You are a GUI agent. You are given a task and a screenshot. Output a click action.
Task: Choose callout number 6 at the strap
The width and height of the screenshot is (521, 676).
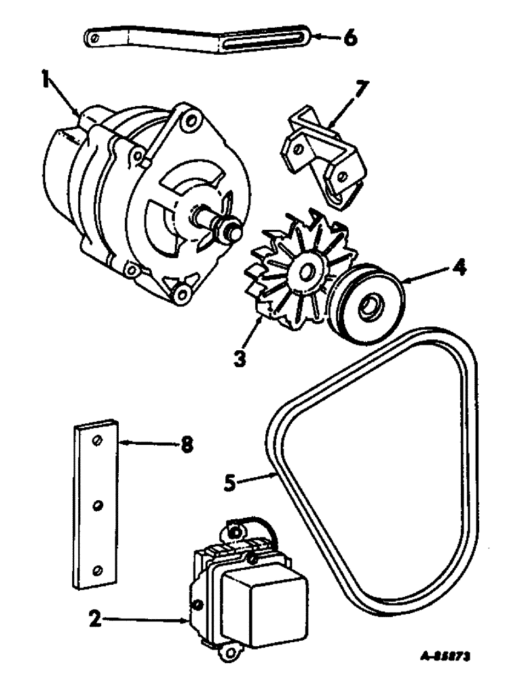(x=349, y=38)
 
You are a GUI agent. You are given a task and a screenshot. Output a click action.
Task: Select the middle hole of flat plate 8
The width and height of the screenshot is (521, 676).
(x=97, y=505)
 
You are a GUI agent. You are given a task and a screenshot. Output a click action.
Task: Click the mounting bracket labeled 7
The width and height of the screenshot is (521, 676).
(x=317, y=159)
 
